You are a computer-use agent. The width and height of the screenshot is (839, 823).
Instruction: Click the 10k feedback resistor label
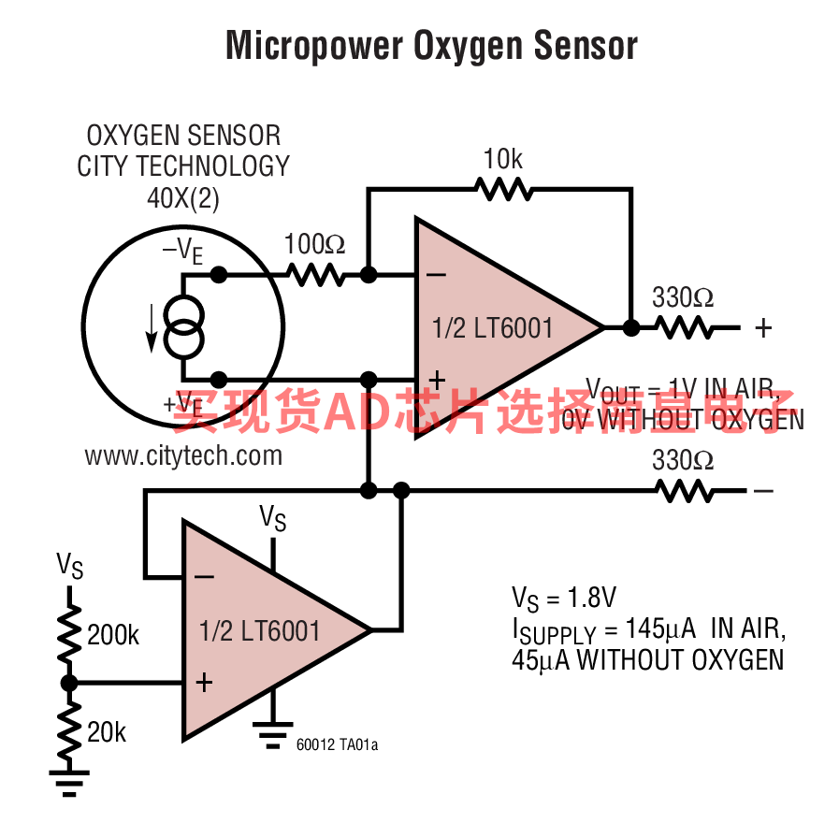[x=503, y=160]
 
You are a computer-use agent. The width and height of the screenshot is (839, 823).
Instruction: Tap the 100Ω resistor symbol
[x=316, y=275]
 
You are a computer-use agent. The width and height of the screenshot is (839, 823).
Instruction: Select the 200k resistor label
[x=113, y=636]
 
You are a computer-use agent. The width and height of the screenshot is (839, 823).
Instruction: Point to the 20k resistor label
[x=107, y=732]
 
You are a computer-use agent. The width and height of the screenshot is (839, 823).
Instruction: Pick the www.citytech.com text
[x=183, y=455]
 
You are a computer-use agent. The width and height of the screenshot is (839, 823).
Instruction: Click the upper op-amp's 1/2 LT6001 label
[x=493, y=327]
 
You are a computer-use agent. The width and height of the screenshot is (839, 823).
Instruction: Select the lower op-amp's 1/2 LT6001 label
[x=260, y=630]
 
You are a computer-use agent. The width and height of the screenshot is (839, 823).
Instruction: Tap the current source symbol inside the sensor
[x=182, y=327]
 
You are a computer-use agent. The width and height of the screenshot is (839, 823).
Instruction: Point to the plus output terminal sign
[x=764, y=327]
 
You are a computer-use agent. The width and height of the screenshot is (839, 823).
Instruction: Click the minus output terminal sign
[x=764, y=490]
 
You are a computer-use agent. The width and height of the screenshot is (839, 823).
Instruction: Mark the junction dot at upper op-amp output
[x=631, y=327]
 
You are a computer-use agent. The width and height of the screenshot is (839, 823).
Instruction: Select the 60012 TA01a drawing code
[x=337, y=745]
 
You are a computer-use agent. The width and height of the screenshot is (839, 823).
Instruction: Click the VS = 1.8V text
[x=563, y=599]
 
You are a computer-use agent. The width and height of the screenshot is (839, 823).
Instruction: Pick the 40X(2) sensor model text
[x=183, y=198]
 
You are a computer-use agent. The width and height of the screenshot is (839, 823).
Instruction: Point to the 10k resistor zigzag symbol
[x=503, y=189]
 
